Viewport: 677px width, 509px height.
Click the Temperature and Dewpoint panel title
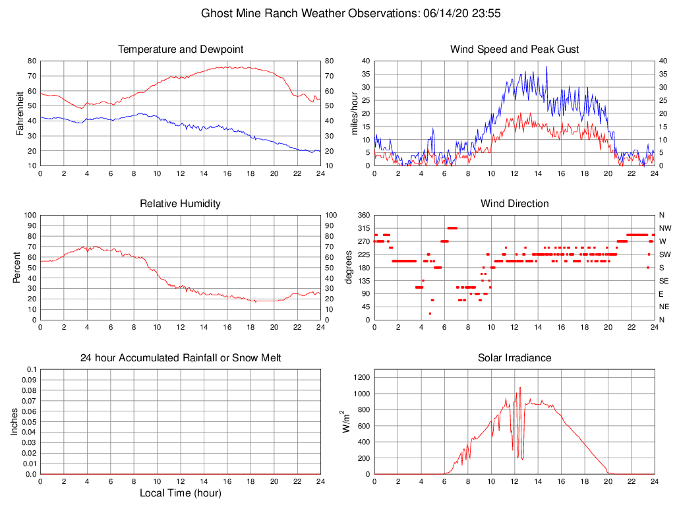pos(181,49)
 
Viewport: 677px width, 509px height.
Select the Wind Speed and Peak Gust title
pos(514,49)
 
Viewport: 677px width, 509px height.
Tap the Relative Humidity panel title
pos(181,204)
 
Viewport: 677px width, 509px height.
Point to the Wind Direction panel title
pos(514,204)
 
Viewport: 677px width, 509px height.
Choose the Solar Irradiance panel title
pos(514,358)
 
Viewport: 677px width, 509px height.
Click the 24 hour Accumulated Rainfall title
pos(181,358)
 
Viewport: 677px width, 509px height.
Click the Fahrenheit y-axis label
pos(20,113)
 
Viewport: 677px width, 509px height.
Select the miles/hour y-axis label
pos(355,113)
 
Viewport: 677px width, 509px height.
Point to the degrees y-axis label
pos(349,268)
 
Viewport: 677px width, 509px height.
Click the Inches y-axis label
pos(15,422)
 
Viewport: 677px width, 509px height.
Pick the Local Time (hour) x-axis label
pos(181,493)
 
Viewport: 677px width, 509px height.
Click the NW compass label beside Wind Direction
pos(664,228)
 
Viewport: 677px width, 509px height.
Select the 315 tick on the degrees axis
pos(362,228)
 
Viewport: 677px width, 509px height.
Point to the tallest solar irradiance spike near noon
pos(519,388)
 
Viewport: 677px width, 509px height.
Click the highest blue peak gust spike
pos(546,67)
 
